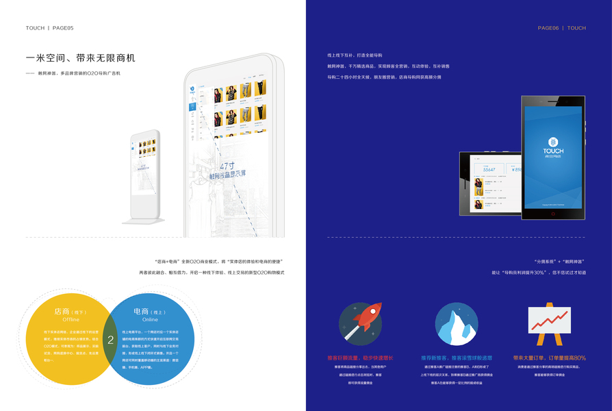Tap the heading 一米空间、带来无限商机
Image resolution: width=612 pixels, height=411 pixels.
pos(80,58)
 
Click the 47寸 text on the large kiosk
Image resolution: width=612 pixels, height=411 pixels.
pos(227,166)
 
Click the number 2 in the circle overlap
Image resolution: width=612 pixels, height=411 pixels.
pos(111,338)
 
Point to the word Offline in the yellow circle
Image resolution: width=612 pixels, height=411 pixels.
pos(71,320)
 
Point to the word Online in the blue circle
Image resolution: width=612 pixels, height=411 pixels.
pos(150,320)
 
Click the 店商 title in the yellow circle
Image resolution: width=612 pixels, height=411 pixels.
pos(62,312)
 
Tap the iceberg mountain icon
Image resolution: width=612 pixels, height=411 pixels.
pos(456,324)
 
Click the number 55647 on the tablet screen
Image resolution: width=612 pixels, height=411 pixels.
pos(489,169)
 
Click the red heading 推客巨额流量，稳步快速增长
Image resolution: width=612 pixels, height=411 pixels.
pos(360,358)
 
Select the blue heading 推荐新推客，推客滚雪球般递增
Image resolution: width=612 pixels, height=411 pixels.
pos(457,358)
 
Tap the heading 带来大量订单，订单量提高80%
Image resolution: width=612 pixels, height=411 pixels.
pos(549,358)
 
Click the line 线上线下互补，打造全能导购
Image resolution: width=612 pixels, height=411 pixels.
pos(355,55)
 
